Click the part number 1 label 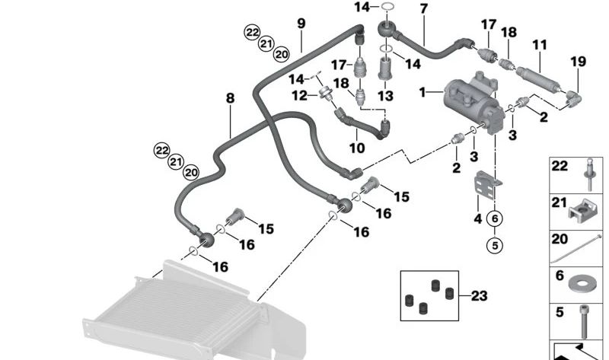tap(422, 93)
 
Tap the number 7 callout tap(423, 9)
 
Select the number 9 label tap(301, 23)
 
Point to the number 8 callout tap(230, 97)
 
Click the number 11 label tap(539, 45)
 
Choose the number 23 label tap(479, 296)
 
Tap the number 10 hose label tap(358, 146)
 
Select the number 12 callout tap(300, 96)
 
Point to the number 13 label tap(386, 96)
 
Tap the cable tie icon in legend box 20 tap(582, 248)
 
